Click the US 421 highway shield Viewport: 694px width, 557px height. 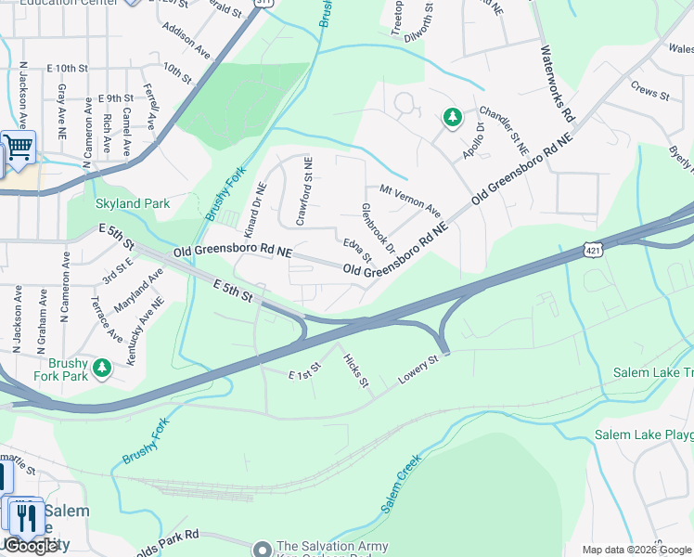click(592, 246)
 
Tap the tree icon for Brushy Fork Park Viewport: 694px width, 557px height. click(102, 369)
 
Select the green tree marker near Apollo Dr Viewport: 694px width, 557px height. click(452, 117)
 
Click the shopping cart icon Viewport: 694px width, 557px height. click(18, 146)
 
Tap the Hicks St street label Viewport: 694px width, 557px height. click(356, 369)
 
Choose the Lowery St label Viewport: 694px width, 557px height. click(418, 369)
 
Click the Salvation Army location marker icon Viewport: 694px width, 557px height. click(263, 548)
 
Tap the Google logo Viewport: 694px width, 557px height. click(31, 545)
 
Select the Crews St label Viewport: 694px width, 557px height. click(649, 94)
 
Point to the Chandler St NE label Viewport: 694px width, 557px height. click(504, 129)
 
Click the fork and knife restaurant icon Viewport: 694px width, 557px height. click(27, 516)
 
